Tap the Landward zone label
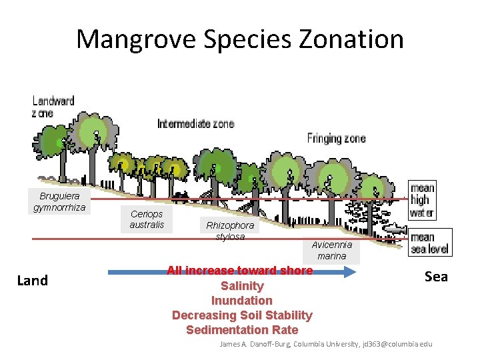[53, 107]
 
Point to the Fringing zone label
[336, 139]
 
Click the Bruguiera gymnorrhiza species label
[59, 201]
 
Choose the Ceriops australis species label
[147, 219]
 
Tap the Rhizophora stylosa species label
[230, 231]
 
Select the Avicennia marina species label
[331, 250]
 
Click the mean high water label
[422, 201]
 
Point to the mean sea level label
[430, 243]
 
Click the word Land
[32, 281]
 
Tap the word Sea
[436, 277]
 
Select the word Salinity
[242, 286]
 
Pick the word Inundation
[242, 301]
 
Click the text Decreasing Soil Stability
[242, 315]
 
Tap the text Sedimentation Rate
[242, 330]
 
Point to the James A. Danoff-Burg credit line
[326, 344]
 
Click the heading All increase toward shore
[239, 271]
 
